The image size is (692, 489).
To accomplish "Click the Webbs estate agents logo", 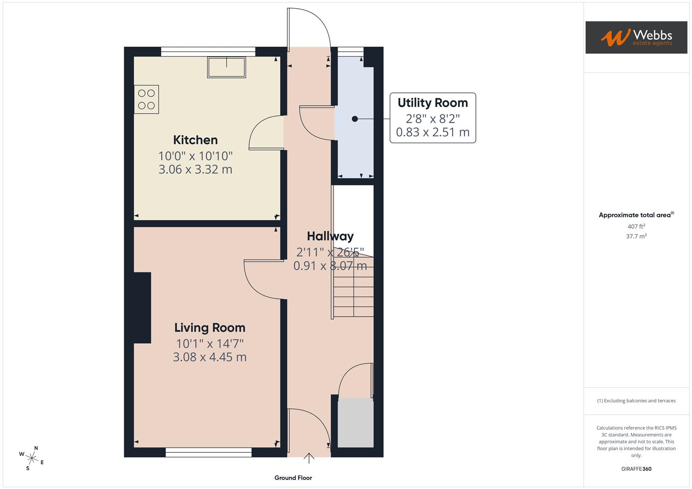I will [x=636, y=37].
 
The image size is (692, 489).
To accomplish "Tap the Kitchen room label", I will [x=195, y=140].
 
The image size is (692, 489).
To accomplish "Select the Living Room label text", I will [x=209, y=328].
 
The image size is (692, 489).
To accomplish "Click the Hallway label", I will [x=330, y=236].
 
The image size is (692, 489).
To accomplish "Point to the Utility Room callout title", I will [x=432, y=103].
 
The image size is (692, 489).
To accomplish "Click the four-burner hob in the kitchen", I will [x=146, y=99].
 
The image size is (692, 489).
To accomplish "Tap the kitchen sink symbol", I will [x=227, y=67].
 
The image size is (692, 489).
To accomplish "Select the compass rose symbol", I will [x=31, y=458].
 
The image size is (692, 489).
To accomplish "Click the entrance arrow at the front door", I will [x=309, y=458].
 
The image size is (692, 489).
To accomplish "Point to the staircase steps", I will [x=353, y=287].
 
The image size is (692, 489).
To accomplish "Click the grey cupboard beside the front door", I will [x=356, y=422].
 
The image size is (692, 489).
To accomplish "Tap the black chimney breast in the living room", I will [x=142, y=307].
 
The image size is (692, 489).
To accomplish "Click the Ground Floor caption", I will [x=293, y=478].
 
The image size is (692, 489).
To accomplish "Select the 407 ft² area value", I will [x=636, y=226].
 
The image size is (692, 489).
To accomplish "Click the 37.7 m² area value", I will [x=636, y=236].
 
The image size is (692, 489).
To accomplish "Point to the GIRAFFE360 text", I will [x=636, y=469].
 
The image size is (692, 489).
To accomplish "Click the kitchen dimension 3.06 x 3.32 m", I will [x=195, y=169].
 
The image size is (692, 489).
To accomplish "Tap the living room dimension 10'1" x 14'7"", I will [x=209, y=344].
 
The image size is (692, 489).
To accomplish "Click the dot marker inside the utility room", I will [x=355, y=119].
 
